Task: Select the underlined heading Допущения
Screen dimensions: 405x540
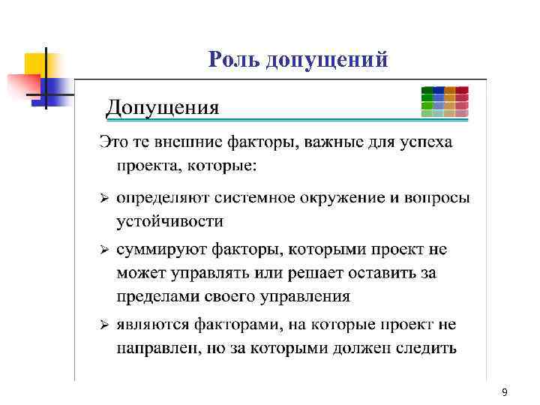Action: pyautogui.click(x=163, y=108)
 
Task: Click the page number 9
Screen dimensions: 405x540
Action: pyautogui.click(x=504, y=393)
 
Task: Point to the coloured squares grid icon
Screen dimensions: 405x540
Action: pyautogui.click(x=445, y=102)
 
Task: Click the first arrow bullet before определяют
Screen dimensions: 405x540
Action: pyautogui.click(x=106, y=199)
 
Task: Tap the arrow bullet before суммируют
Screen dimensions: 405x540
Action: pyautogui.click(x=106, y=249)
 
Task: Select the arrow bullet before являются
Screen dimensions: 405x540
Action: pyautogui.click(x=106, y=325)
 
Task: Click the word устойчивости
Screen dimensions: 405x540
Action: pyautogui.click(x=169, y=221)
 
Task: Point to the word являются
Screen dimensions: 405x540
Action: pyautogui.click(x=154, y=325)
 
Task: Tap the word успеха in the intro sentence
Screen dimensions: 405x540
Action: pyautogui.click(x=429, y=142)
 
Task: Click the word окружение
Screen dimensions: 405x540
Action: pyautogui.click(x=333, y=199)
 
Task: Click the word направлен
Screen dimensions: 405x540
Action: pyautogui.click(x=155, y=349)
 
